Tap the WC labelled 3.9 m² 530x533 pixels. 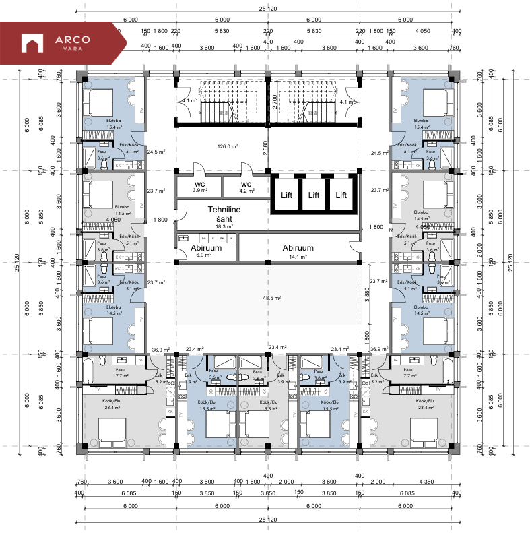tap(199, 187)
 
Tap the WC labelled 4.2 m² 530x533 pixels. tap(246, 187)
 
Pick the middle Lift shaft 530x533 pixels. tap(313, 195)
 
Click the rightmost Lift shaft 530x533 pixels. tap(341, 195)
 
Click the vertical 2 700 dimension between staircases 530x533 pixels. tap(275, 102)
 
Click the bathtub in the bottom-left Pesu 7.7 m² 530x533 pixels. tap(88, 371)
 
